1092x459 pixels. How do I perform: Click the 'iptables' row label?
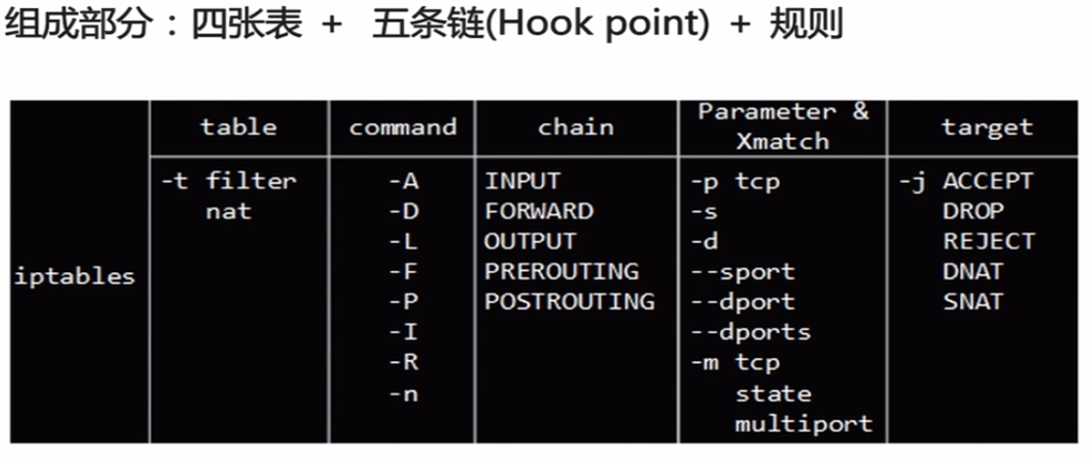coord(74,277)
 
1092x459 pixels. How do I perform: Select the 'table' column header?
coord(239,127)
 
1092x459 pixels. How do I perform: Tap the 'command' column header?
coord(402,127)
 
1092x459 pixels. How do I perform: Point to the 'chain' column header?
coord(576,127)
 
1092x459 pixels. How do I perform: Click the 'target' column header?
coord(987,127)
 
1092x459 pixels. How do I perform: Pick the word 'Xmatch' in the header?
coord(783,141)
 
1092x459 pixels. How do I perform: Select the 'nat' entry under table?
coord(228,211)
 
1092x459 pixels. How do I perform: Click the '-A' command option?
coord(403,181)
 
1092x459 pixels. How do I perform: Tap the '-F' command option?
coord(403,272)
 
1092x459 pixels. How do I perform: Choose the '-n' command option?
coord(403,393)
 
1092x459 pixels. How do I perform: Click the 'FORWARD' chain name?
coord(539,211)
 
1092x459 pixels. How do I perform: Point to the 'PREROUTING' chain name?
coord(562,272)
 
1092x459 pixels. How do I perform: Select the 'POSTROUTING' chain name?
coord(569,301)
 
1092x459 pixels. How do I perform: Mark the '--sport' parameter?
coord(743,272)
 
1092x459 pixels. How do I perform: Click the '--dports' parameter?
coord(751,332)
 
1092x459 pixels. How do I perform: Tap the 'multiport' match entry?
coord(803,424)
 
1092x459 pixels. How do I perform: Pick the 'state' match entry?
coord(773,393)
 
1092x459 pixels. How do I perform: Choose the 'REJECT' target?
coord(989,241)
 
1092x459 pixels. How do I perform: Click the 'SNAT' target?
coord(973,301)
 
